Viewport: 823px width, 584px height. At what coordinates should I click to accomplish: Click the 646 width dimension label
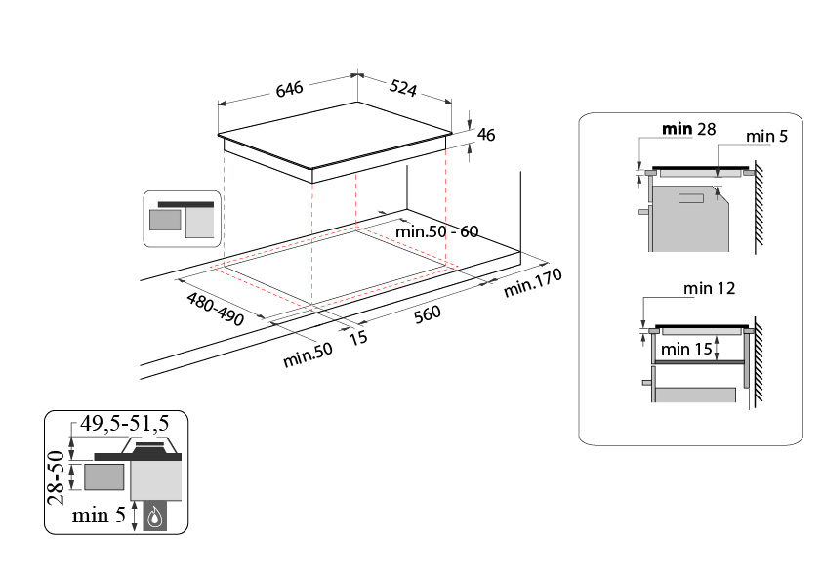click(290, 89)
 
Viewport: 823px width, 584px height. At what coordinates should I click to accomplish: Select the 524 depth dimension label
click(403, 88)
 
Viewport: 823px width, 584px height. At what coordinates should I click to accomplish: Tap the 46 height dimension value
click(486, 135)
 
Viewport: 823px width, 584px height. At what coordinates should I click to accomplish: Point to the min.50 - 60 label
click(436, 231)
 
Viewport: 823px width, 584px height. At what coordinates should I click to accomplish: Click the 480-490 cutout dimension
click(216, 309)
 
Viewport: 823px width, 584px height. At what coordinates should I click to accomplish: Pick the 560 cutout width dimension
click(428, 314)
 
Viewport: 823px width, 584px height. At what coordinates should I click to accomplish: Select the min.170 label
click(533, 282)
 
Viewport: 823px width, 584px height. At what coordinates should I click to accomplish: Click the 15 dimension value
click(358, 338)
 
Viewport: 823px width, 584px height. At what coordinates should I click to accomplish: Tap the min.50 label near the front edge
click(308, 355)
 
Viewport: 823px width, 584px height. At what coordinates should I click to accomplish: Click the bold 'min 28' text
click(688, 129)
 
